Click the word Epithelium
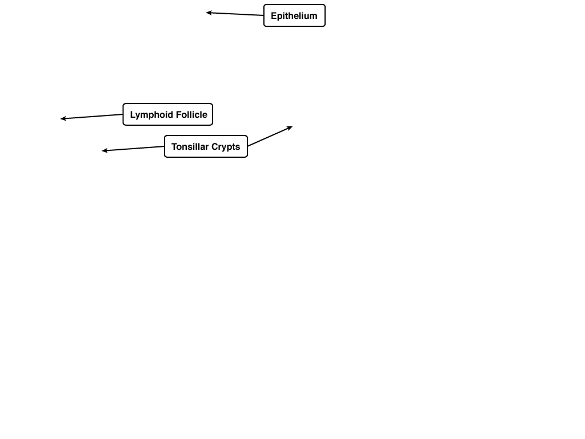point(294,16)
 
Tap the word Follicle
point(192,114)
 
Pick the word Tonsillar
point(190,147)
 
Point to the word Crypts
point(226,147)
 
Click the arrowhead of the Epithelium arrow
point(209,13)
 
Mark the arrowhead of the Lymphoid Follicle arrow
point(63,119)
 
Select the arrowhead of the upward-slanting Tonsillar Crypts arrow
point(290,128)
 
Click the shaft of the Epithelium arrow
point(235,14)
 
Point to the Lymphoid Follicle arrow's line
point(92,117)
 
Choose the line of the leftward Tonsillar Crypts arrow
point(133,149)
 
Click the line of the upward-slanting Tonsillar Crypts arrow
point(270,137)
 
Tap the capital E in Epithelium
point(274,15)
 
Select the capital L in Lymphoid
point(133,114)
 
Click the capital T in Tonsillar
point(174,147)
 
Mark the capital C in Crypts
point(215,147)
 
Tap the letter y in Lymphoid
point(138,116)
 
